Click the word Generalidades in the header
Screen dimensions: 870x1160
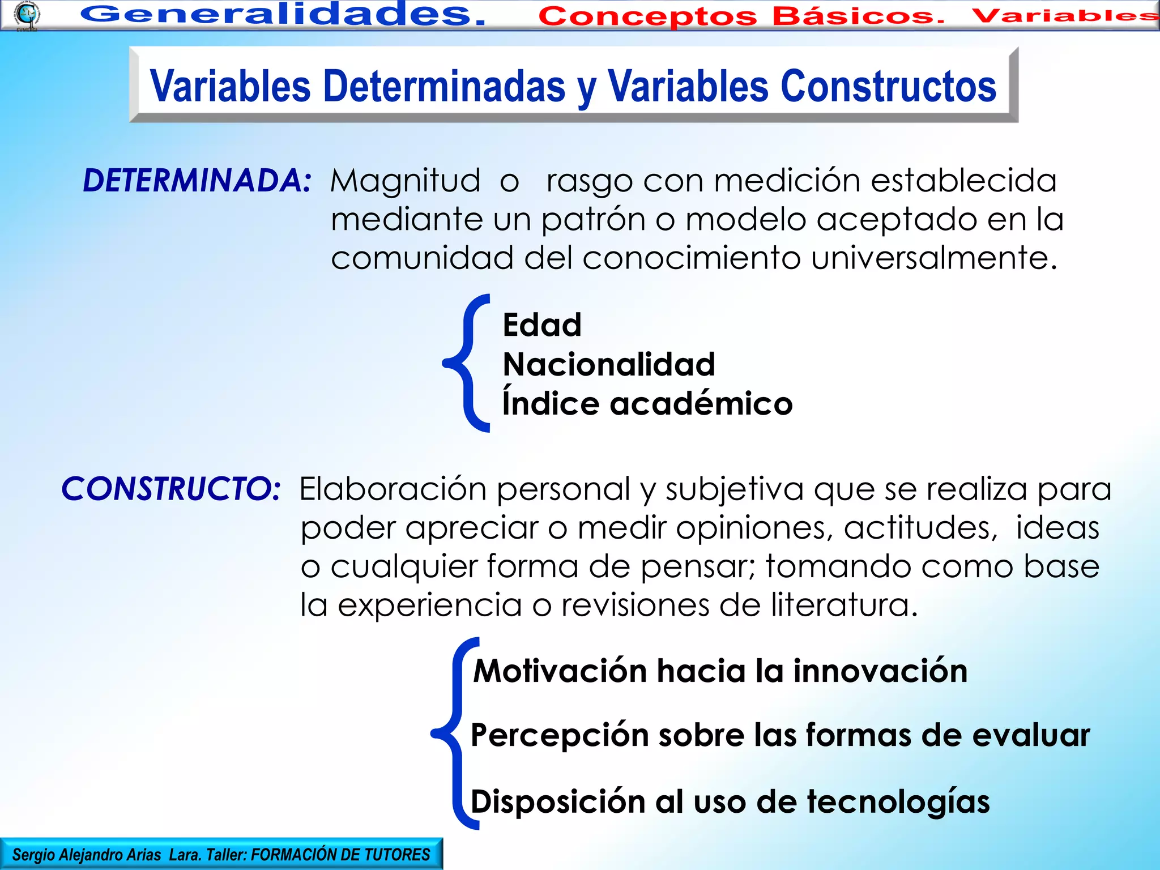tap(282, 14)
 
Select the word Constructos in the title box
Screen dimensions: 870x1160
tap(888, 87)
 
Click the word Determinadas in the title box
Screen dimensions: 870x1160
tap(444, 87)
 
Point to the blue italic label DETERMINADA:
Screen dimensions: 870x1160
tap(197, 181)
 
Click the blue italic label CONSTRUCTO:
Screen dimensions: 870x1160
tap(170, 488)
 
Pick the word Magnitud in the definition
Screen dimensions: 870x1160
tap(405, 181)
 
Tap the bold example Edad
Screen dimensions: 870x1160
tap(542, 325)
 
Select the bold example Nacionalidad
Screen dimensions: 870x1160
tap(609, 364)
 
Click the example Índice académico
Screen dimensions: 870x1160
tap(647, 403)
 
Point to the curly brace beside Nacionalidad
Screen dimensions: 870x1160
tap(466, 362)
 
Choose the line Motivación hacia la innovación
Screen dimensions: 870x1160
tap(720, 671)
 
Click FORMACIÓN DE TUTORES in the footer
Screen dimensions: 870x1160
tap(340, 855)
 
